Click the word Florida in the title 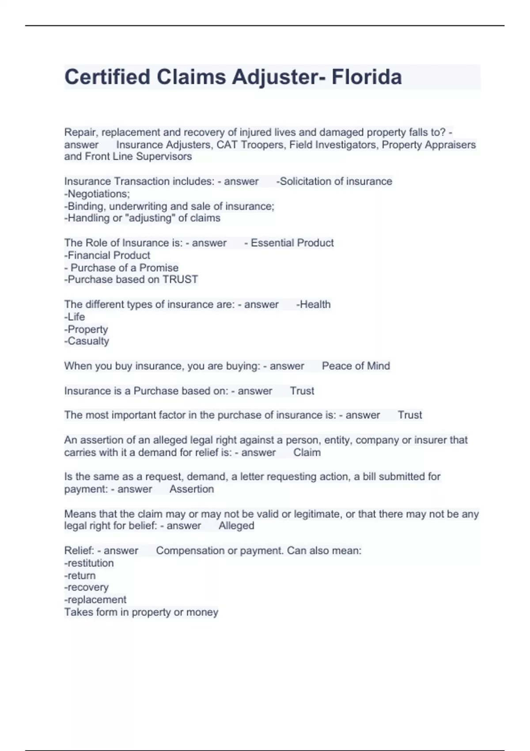pyautogui.click(x=366, y=77)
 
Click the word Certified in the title pyautogui.click(x=107, y=77)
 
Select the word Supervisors pyautogui.click(x=164, y=156)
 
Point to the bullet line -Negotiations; pyautogui.click(x=97, y=194)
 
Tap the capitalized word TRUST pyautogui.click(x=180, y=280)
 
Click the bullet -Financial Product pyautogui.click(x=107, y=255)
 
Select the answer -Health pyautogui.click(x=313, y=304)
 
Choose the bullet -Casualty pyautogui.click(x=87, y=341)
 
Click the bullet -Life pyautogui.click(x=75, y=317)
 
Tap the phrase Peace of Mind pyautogui.click(x=356, y=366)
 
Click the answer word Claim pyautogui.click(x=307, y=452)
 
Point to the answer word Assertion pyautogui.click(x=192, y=489)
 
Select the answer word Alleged pyautogui.click(x=236, y=526)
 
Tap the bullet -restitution pyautogui.click(x=89, y=563)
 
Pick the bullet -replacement pyautogui.click(x=95, y=600)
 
